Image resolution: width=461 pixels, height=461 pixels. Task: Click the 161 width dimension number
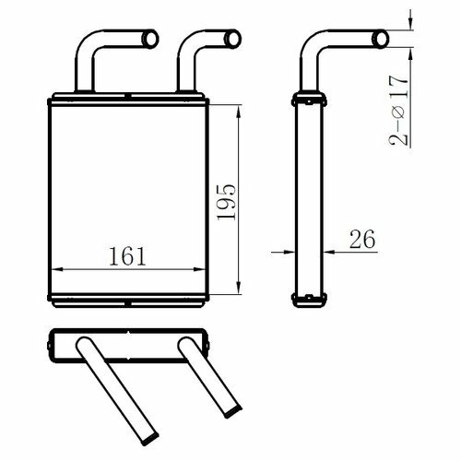[x=127, y=256]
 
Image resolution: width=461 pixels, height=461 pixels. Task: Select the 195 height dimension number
[x=226, y=202]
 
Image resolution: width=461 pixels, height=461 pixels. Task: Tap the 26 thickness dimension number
[x=362, y=239]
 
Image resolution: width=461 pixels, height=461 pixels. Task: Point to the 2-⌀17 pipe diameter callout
[x=399, y=110]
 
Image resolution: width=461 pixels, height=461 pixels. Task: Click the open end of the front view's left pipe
[x=150, y=39]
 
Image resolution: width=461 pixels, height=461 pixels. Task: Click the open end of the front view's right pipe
[x=233, y=39]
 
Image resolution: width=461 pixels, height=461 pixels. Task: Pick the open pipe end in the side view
[x=381, y=39]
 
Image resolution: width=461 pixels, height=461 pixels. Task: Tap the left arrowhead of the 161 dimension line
[x=57, y=269]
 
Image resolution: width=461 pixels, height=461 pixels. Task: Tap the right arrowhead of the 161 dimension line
[x=199, y=269]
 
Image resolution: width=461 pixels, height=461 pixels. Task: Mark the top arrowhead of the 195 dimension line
[x=239, y=111]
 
